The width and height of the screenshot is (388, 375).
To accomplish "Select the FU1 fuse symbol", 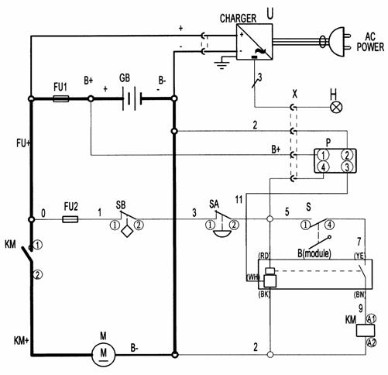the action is [x=61, y=98].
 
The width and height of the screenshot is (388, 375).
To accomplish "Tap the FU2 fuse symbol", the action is [x=70, y=219].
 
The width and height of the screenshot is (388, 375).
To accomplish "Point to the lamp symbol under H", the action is [x=336, y=107].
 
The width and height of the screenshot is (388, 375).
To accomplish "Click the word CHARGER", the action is [x=238, y=19].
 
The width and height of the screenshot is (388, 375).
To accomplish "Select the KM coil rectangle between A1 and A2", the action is [x=366, y=331].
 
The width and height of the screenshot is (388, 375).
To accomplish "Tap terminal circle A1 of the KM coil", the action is [x=371, y=319].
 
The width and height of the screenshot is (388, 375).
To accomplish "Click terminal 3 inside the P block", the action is [x=347, y=167].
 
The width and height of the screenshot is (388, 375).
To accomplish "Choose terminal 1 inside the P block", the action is [x=323, y=155].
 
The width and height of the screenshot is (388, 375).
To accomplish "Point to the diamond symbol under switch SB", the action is [x=127, y=231].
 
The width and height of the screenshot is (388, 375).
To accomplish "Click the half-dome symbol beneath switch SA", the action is [x=221, y=234].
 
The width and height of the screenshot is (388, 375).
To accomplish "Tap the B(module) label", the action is [x=314, y=253].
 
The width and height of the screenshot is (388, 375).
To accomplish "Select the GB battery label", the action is [x=125, y=78].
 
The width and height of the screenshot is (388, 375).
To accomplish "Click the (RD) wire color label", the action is [x=264, y=256].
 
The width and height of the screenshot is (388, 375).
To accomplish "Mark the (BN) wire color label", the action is [x=359, y=294].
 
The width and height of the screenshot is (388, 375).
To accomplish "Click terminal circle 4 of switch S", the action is [x=329, y=225].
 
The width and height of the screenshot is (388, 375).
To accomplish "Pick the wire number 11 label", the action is [x=239, y=200].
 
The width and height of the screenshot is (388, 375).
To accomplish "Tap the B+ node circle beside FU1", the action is [x=91, y=98].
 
